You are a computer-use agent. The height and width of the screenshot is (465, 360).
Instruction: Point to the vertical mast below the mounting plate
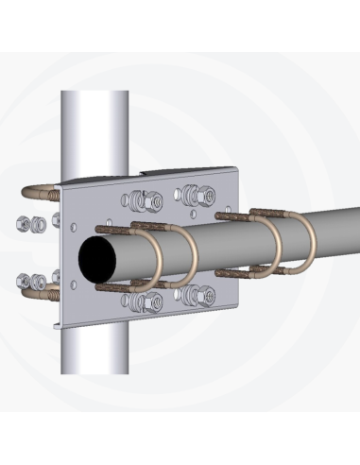pyautogui.click(x=94, y=350)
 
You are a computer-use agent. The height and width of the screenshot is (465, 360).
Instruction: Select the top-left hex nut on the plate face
pyautogui.click(x=146, y=200)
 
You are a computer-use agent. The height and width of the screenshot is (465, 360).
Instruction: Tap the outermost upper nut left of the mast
pyautogui.click(x=25, y=225)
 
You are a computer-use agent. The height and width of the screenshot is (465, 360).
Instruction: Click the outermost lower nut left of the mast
pyautogui.click(x=25, y=281)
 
